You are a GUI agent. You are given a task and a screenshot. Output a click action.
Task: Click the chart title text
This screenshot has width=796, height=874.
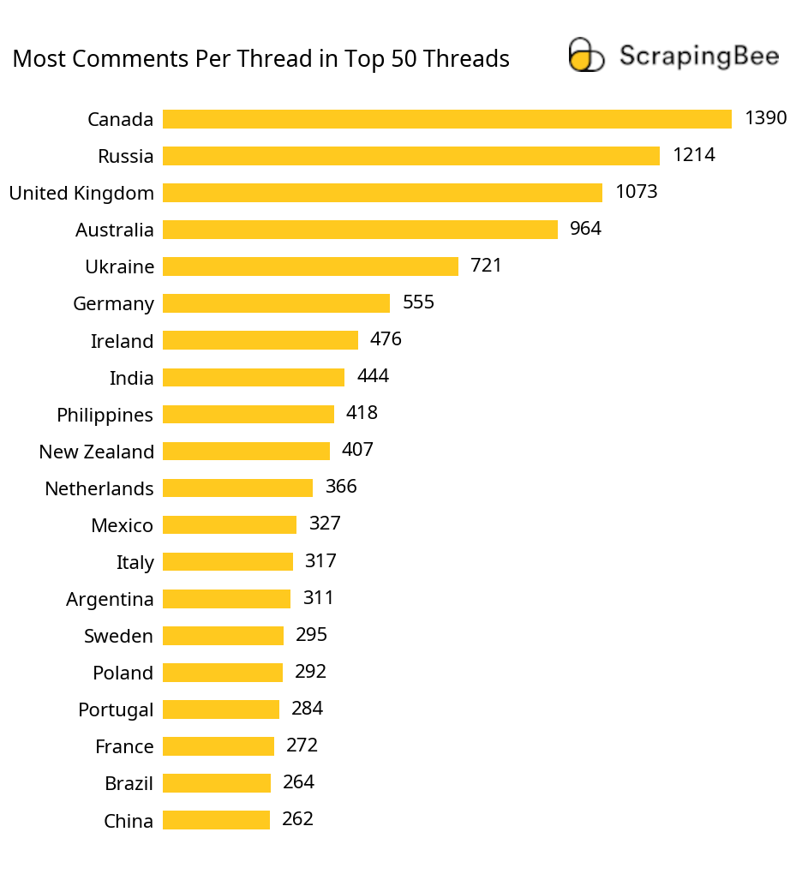[261, 59]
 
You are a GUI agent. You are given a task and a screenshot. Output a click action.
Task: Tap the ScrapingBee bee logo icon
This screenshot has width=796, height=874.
[586, 55]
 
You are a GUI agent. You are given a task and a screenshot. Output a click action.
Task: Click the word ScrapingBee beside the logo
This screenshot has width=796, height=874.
[699, 57]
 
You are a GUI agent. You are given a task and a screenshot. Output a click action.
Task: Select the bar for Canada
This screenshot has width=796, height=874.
[446, 119]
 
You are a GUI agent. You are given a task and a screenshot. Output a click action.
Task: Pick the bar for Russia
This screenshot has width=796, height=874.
[410, 156]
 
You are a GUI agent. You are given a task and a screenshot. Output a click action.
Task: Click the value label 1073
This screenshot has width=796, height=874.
[636, 192]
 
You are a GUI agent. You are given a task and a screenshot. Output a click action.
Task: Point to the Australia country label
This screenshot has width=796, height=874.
[115, 230]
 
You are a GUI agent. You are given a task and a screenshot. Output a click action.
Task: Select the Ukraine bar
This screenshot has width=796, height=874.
[310, 266]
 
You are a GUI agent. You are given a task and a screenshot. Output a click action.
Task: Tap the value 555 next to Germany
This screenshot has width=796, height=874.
[418, 302]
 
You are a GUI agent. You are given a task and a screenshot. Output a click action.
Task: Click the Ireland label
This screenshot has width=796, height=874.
[122, 341]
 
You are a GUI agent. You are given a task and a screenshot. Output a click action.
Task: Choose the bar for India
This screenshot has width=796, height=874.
[253, 377]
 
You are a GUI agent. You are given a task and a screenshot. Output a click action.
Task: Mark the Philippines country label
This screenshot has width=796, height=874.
[105, 415]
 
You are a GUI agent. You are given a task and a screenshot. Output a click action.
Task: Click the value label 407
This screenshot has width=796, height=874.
[357, 450]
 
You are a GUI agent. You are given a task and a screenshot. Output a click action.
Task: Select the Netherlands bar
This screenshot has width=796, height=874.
[237, 488]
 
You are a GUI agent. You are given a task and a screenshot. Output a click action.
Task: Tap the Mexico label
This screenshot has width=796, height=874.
[122, 525]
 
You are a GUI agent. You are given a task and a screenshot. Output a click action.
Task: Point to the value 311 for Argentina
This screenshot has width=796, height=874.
[318, 597]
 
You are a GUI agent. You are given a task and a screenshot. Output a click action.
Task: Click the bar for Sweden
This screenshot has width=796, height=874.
[223, 635]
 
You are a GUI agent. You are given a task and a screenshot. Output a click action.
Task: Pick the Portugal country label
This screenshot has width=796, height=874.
[116, 709]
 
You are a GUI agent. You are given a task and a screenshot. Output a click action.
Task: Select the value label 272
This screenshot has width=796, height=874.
[302, 745]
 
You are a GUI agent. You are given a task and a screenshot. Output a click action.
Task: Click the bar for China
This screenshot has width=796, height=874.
[216, 820]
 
